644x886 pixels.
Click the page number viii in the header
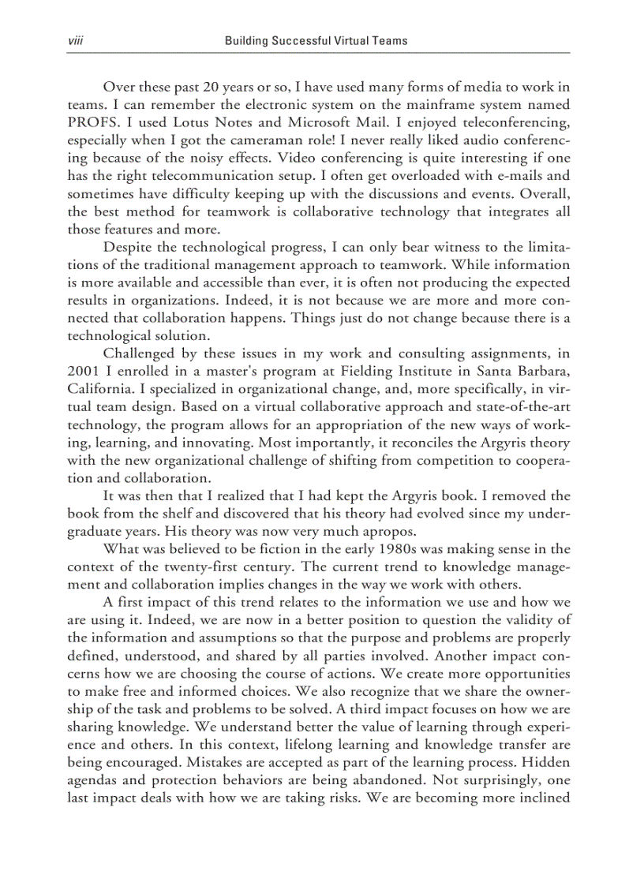tap(76, 40)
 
